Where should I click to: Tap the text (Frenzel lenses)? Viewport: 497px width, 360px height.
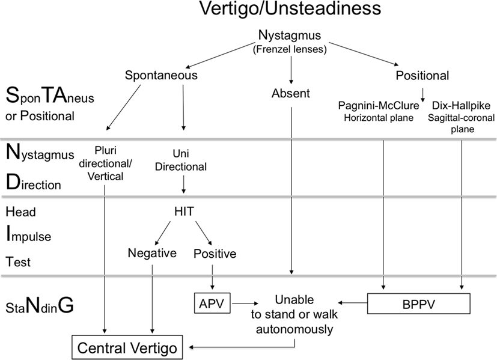[291, 49]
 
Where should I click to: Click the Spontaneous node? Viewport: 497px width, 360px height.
[161, 75]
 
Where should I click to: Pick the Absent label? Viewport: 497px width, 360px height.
[291, 93]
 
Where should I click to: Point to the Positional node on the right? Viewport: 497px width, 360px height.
[422, 75]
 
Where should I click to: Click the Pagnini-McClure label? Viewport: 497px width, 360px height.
[383, 105]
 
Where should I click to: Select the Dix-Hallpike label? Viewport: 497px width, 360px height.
[460, 105]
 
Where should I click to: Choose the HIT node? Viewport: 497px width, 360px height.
[183, 212]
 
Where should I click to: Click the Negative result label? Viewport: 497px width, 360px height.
[152, 254]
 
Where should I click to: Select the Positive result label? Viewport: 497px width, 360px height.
[215, 254]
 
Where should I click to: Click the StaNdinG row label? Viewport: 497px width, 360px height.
[40, 307]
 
